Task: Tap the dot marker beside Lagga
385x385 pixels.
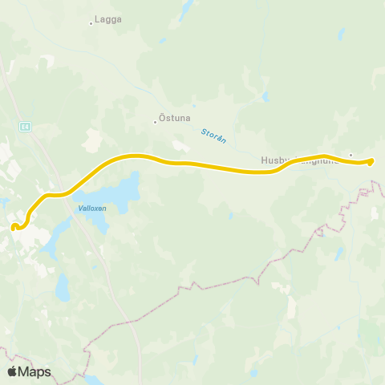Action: click(x=91, y=23)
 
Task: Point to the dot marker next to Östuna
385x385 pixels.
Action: click(x=155, y=123)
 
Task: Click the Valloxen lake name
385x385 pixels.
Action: click(x=92, y=208)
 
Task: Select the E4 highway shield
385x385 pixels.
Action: click(x=26, y=126)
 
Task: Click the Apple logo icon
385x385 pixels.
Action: click(x=13, y=371)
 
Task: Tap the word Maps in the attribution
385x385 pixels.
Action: click(x=35, y=371)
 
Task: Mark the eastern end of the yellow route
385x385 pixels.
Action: click(x=371, y=162)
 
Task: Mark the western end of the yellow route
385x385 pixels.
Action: click(x=14, y=227)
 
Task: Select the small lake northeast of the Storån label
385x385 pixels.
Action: click(x=265, y=98)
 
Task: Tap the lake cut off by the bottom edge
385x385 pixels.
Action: click(x=94, y=379)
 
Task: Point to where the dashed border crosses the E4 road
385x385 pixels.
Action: click(x=135, y=321)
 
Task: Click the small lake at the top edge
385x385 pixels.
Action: click(x=188, y=6)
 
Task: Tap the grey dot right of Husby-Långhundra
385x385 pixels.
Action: click(x=351, y=155)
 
